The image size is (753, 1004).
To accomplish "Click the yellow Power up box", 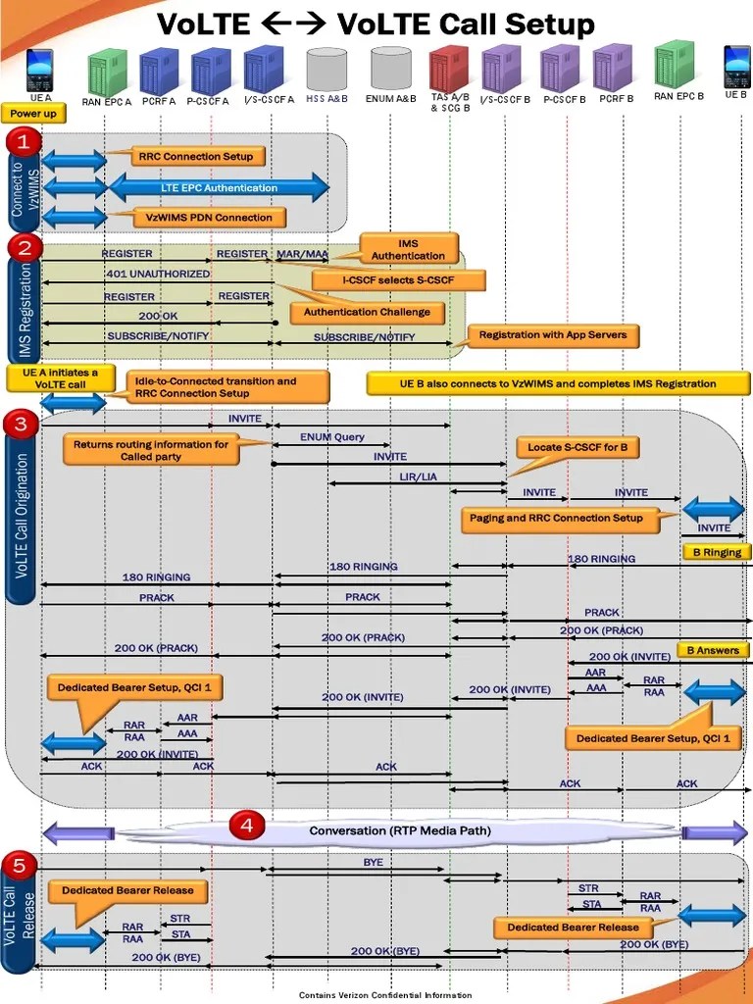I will coord(33,114).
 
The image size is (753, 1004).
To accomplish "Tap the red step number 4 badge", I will coord(247,827).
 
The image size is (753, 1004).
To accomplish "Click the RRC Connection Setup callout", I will coord(195,156).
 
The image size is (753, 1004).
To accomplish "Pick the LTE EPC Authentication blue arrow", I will coord(219,187).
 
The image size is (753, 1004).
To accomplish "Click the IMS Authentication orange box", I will coord(408,249).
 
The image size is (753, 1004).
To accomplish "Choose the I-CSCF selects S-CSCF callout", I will coord(398,280).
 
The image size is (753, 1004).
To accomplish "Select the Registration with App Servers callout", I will coord(553,335).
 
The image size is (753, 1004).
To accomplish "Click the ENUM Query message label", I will coord(331,437).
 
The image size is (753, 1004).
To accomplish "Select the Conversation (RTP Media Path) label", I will coord(400,831).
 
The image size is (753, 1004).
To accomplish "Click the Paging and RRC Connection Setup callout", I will coord(570,519).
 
